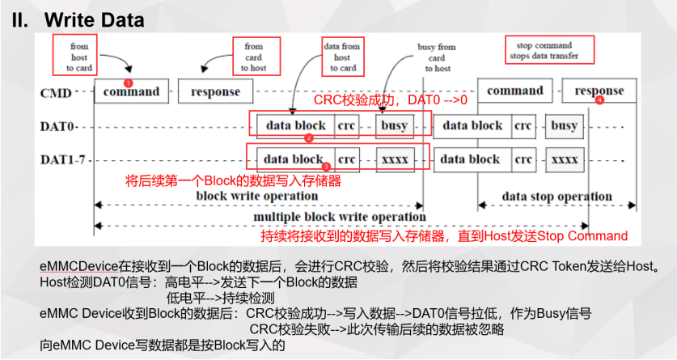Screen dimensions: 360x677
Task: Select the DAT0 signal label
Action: [57, 126]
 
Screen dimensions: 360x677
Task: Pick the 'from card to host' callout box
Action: [254, 57]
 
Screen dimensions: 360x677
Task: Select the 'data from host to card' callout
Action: [342, 57]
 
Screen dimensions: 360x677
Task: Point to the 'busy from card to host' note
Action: [436, 57]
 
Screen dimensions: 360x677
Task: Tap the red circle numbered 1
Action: [129, 83]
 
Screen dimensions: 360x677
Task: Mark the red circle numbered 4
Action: [599, 101]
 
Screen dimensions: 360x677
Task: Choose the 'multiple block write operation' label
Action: [340, 217]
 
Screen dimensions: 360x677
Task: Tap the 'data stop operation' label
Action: [557, 197]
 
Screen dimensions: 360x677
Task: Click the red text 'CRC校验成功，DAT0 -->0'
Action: [391, 101]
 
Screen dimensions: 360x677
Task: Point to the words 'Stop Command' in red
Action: [582, 236]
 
